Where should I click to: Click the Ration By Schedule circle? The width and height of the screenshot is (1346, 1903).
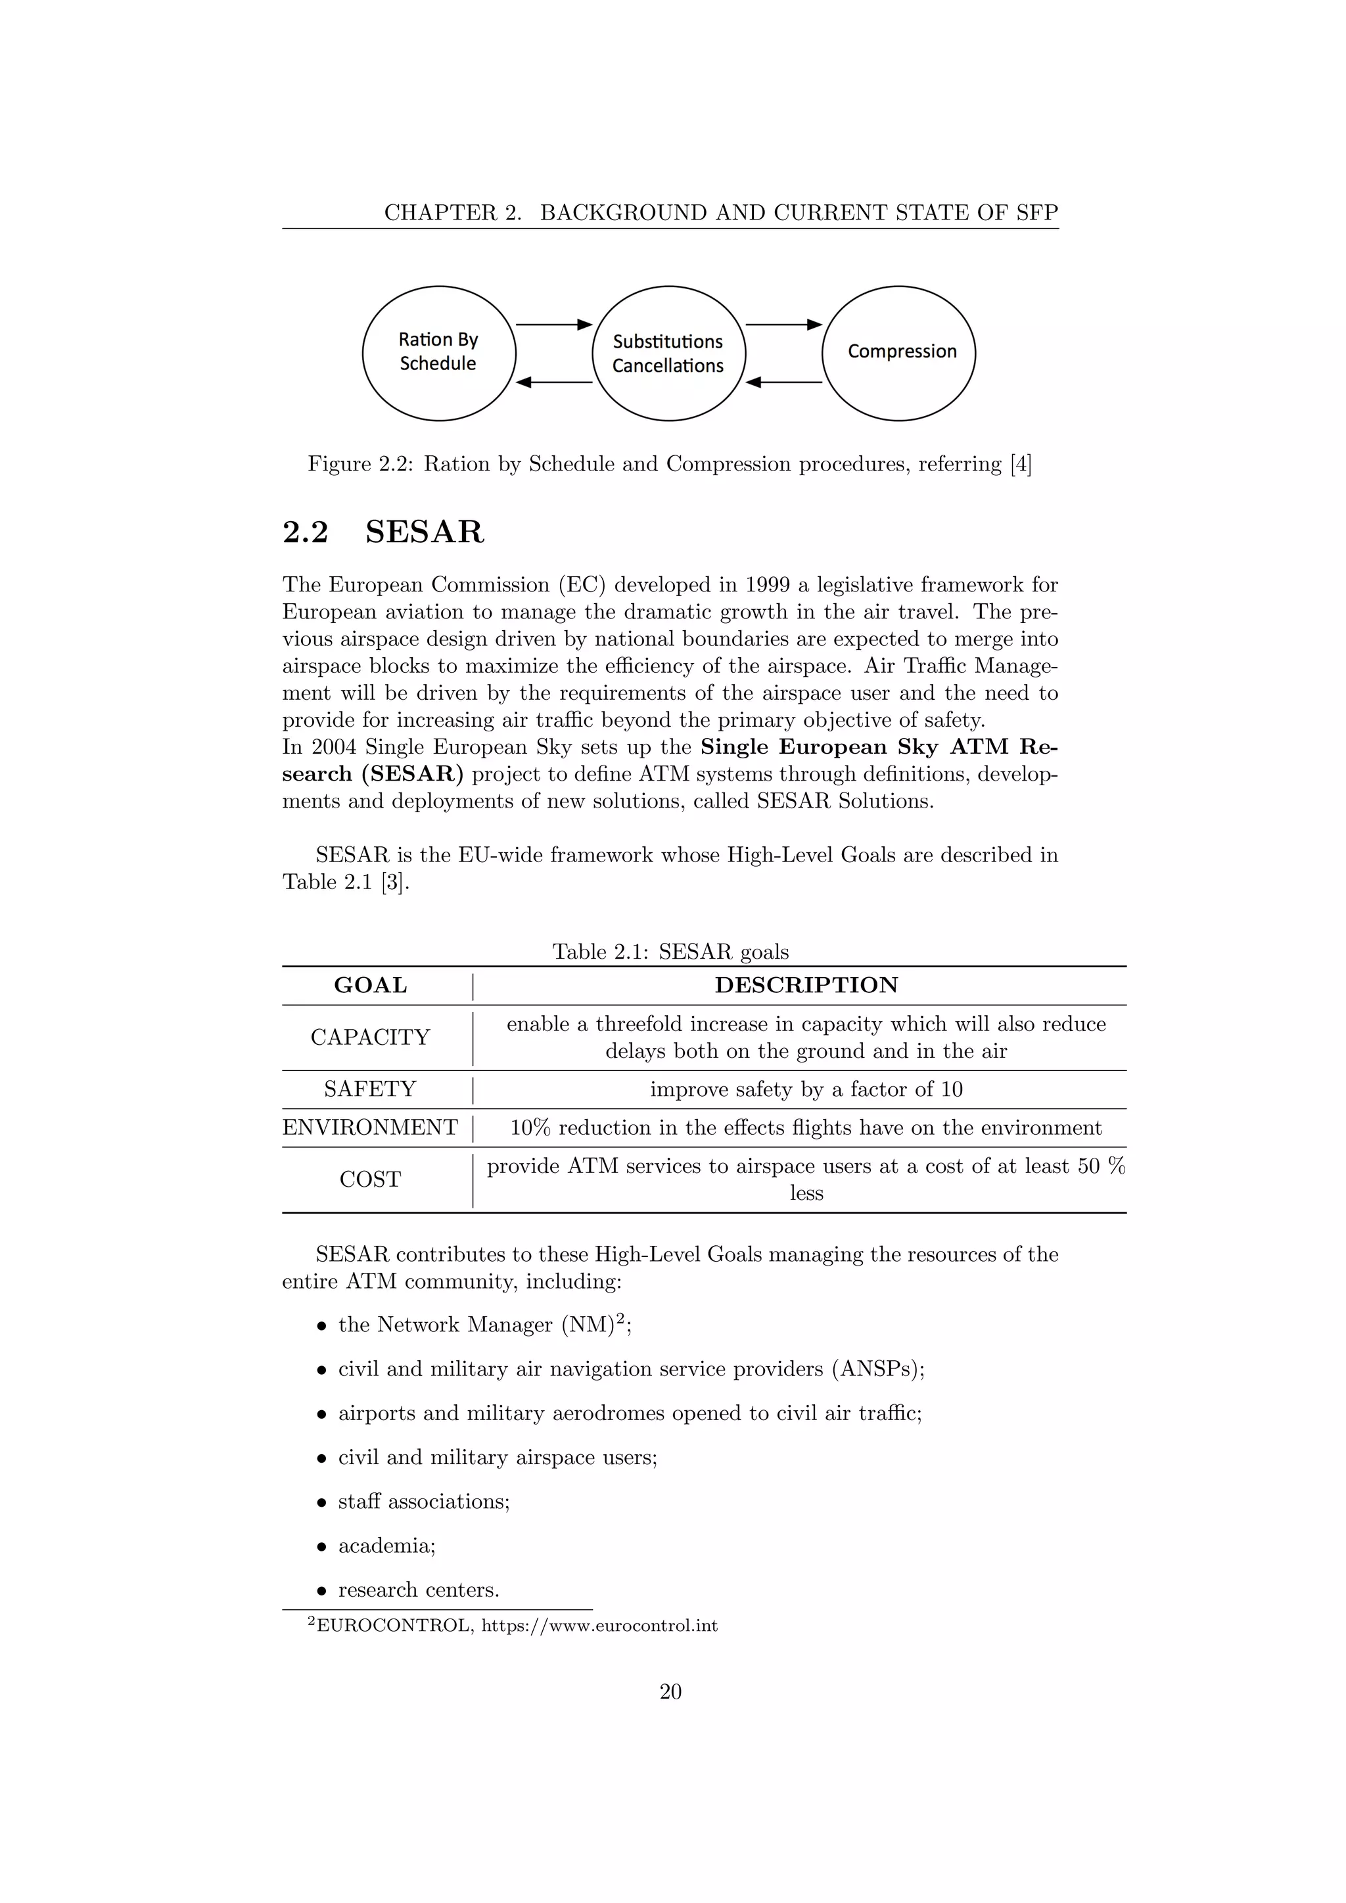(438, 353)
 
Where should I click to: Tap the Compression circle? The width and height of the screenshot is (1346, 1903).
(898, 353)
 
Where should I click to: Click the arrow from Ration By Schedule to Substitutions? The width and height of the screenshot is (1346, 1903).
(553, 324)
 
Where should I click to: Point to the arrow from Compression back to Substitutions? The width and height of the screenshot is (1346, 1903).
(784, 382)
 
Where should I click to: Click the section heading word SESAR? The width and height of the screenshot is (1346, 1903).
(425, 532)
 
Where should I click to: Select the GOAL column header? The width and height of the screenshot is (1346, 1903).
(371, 986)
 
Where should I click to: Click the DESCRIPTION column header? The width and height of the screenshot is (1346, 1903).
(806, 986)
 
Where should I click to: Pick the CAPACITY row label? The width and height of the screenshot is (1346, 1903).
(371, 1038)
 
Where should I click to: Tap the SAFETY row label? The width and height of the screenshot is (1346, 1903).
(371, 1089)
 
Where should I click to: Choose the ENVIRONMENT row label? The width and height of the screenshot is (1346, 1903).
(371, 1128)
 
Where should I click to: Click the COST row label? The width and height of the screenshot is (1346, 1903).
(371, 1180)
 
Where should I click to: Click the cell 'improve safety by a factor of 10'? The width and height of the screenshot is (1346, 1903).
(806, 1089)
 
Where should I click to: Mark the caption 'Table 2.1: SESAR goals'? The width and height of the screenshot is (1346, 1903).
(670, 952)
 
